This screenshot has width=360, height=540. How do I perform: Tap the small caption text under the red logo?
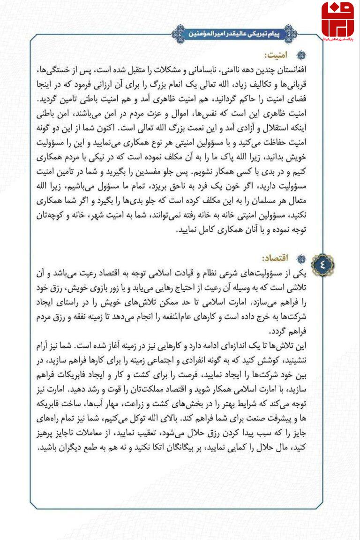(337, 39)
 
